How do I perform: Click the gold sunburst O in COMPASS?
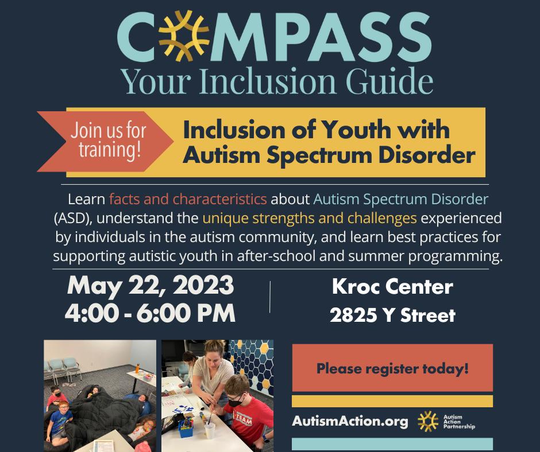[x=184, y=36]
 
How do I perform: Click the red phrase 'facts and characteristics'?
[x=188, y=200]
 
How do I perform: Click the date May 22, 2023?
[x=151, y=285]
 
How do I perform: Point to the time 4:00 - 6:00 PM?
[x=151, y=313]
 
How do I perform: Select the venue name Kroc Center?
[x=392, y=286]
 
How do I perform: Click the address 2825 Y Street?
[x=392, y=315]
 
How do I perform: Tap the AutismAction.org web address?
[x=350, y=422]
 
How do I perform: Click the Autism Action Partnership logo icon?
[x=427, y=422]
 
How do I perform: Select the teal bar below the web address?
[x=392, y=444]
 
